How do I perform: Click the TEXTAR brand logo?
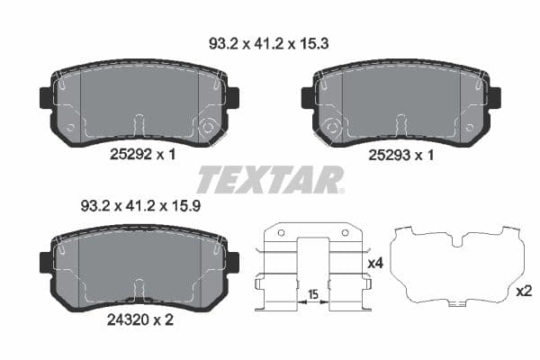click(269, 180)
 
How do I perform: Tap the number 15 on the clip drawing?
click(314, 294)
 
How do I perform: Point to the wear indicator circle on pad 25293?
click(332, 128)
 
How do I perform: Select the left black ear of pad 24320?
click(47, 263)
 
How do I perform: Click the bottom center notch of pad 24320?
click(139, 290)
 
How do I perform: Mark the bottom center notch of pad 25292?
click(139, 126)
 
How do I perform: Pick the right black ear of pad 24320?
click(232, 263)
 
